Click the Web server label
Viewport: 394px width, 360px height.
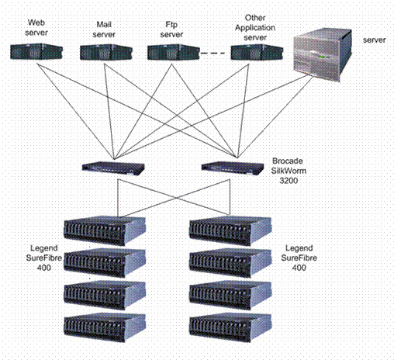[36, 28]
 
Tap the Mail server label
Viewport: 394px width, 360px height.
[104, 29]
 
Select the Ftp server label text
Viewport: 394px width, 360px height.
[171, 29]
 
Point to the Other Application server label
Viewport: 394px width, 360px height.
[255, 28]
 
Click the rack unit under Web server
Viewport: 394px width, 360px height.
[36, 52]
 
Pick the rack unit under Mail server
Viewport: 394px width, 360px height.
[106, 52]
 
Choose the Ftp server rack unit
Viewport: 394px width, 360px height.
[174, 52]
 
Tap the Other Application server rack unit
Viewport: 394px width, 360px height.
[257, 52]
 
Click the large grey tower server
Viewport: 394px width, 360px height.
[323, 55]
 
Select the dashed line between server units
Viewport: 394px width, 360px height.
[213, 54]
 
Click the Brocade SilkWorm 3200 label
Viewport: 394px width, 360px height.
[289, 171]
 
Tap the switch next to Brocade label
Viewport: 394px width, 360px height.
[233, 168]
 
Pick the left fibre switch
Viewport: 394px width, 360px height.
[113, 168]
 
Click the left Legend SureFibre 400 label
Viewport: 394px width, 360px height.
[44, 258]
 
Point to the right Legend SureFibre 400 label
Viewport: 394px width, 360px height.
[299, 258]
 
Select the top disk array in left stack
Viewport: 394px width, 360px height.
[105, 231]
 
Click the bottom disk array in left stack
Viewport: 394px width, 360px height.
[105, 327]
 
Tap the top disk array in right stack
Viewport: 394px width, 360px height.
[230, 231]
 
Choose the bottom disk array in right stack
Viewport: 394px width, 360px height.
[230, 327]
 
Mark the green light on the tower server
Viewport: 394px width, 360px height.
[322, 57]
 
